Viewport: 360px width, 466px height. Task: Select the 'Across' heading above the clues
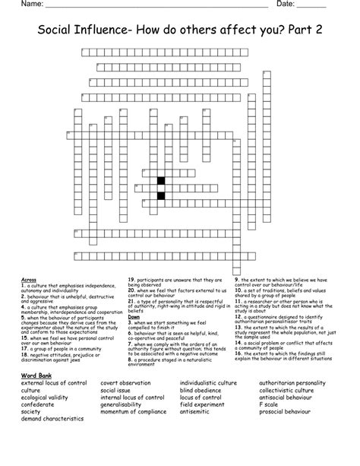30,279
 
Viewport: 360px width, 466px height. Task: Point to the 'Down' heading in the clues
134,316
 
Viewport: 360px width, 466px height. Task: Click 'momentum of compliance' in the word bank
136,412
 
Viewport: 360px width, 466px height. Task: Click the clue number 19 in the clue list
131,279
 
